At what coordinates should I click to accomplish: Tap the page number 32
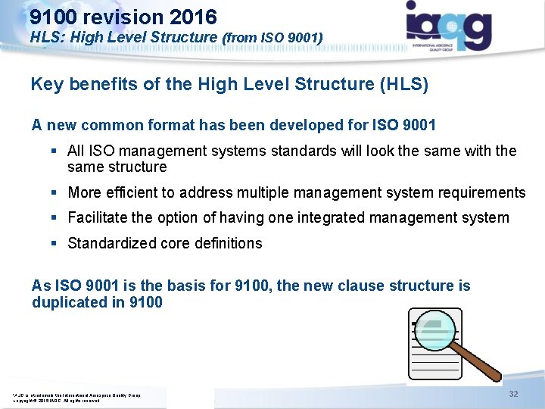pyautogui.click(x=513, y=395)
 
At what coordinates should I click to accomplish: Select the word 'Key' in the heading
pyautogui.click(x=47, y=84)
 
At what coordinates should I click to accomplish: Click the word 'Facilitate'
pyautogui.click(x=98, y=218)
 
